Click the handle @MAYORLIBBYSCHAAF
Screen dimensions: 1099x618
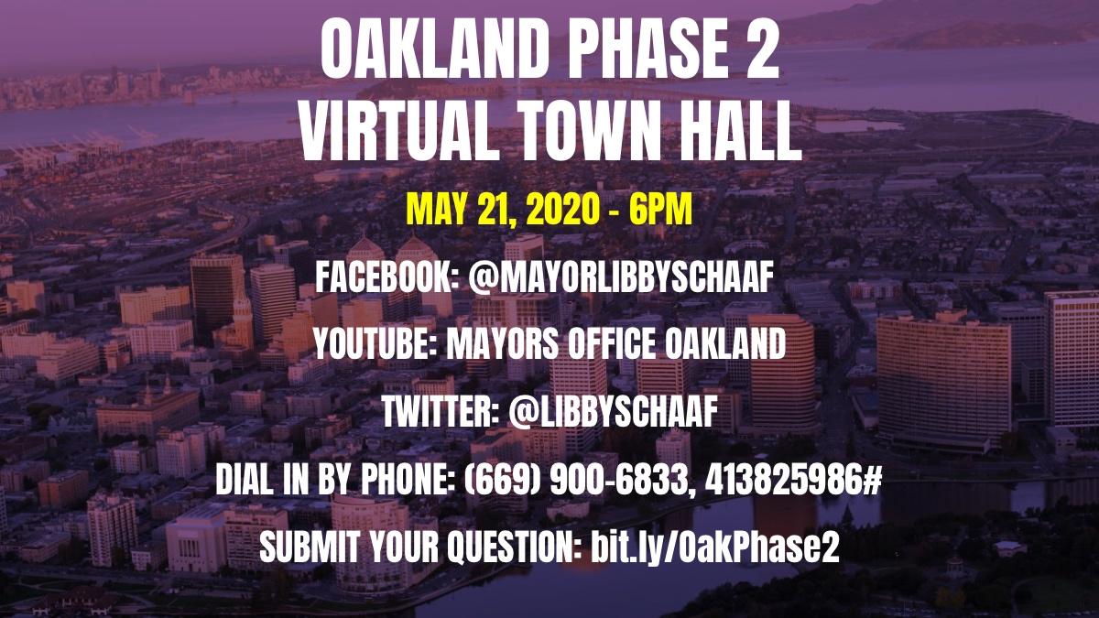[621, 277]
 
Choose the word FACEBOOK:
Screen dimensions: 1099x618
[387, 277]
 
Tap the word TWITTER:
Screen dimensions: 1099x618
[441, 412]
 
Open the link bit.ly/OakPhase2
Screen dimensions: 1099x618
[715, 548]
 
